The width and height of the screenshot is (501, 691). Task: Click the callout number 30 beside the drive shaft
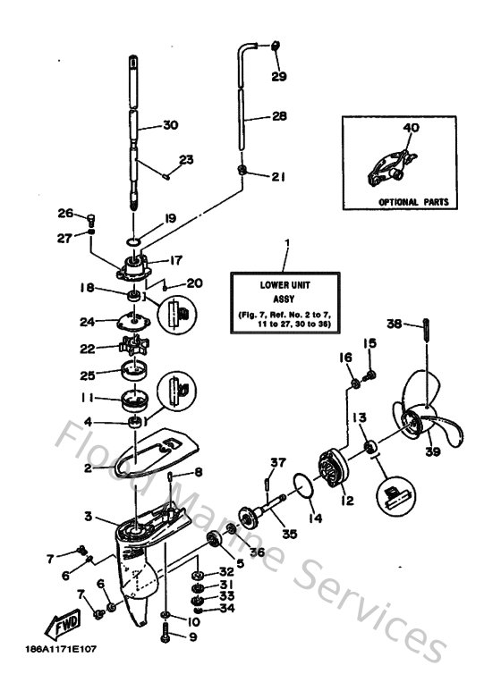[x=170, y=125]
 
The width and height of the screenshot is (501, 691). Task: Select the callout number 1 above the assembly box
[x=287, y=242]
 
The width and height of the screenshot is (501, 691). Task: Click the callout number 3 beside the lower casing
[x=88, y=517]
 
